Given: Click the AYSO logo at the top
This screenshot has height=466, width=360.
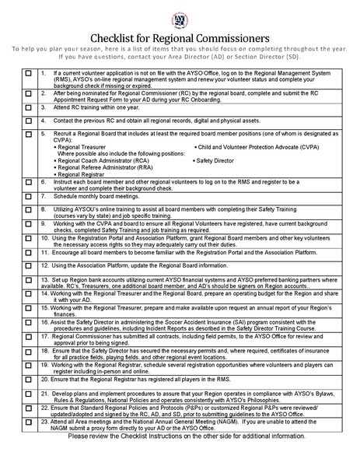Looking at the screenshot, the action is pos(180,17).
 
